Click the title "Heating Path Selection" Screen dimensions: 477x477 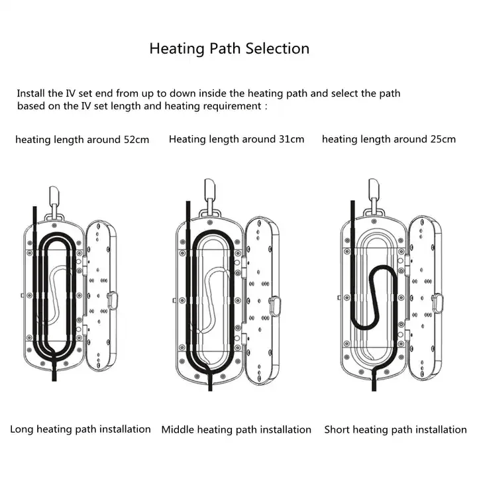pos(229,48)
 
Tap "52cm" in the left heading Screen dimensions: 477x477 pos(136,140)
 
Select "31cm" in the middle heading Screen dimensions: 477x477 pos(291,139)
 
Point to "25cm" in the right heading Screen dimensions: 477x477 pos(443,139)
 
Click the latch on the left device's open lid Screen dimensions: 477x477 pos(113,301)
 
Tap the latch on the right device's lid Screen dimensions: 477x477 pos(437,303)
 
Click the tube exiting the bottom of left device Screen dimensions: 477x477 pos(54,371)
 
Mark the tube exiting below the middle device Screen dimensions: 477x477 pos(210,380)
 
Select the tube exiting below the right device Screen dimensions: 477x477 pos(374,380)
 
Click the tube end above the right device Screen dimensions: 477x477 pos(353,201)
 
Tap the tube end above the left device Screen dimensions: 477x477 pos(35,208)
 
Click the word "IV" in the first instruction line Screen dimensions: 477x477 pos(71,93)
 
